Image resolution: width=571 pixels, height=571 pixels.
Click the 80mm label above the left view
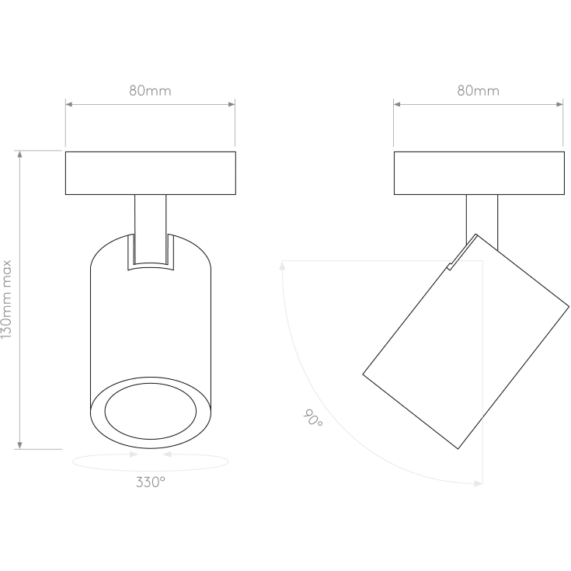click(150, 91)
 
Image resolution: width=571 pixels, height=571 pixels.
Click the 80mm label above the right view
click(478, 91)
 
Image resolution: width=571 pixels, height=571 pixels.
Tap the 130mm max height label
click(6, 299)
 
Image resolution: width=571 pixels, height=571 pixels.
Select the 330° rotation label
click(151, 482)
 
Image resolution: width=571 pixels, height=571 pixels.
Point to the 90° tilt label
click(313, 418)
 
